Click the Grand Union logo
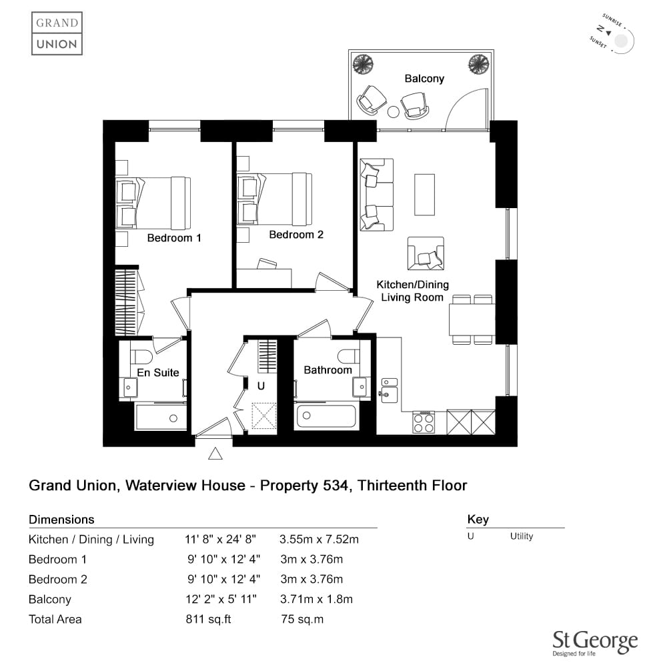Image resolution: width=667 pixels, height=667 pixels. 57,33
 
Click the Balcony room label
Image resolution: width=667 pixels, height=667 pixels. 424,79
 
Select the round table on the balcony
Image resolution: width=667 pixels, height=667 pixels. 394,112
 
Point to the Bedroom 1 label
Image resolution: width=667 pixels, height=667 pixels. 174,238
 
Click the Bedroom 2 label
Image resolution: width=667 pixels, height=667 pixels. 296,234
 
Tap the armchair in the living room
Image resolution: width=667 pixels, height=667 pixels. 426,253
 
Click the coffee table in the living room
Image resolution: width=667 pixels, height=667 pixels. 424,194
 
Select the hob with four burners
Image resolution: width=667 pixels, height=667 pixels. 424,422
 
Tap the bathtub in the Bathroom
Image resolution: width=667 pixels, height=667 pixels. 326,416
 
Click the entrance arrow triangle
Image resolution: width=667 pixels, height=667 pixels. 215,454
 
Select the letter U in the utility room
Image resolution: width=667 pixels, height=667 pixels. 261,386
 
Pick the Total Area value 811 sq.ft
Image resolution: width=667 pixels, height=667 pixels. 208,619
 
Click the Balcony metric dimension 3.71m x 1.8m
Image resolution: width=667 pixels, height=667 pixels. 316,599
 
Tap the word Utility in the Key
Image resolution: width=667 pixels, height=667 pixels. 522,536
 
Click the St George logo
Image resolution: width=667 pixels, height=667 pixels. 595,643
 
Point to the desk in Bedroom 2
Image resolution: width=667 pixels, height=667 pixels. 263,278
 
